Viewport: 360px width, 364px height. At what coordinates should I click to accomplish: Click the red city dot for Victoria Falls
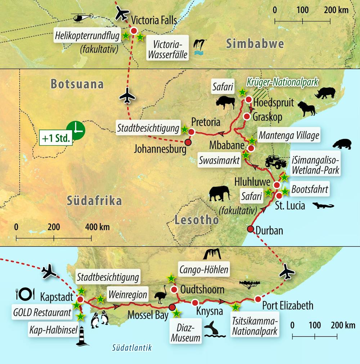(x=134, y=31)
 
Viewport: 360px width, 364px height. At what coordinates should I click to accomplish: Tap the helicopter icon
(x=82, y=17)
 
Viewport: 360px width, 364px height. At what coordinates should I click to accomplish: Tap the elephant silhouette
(x=221, y=193)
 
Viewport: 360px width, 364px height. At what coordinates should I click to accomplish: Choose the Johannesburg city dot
(x=188, y=142)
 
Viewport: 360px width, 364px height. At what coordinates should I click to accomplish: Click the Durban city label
(x=269, y=230)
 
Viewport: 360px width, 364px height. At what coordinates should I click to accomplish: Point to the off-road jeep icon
(x=276, y=162)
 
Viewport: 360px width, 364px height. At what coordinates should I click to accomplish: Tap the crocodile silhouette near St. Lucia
(x=323, y=206)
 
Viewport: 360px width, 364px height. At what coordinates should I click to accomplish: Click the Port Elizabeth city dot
(x=258, y=299)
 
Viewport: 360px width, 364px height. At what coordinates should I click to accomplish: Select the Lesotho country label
(x=197, y=220)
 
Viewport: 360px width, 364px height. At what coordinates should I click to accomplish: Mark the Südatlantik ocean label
(x=131, y=347)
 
